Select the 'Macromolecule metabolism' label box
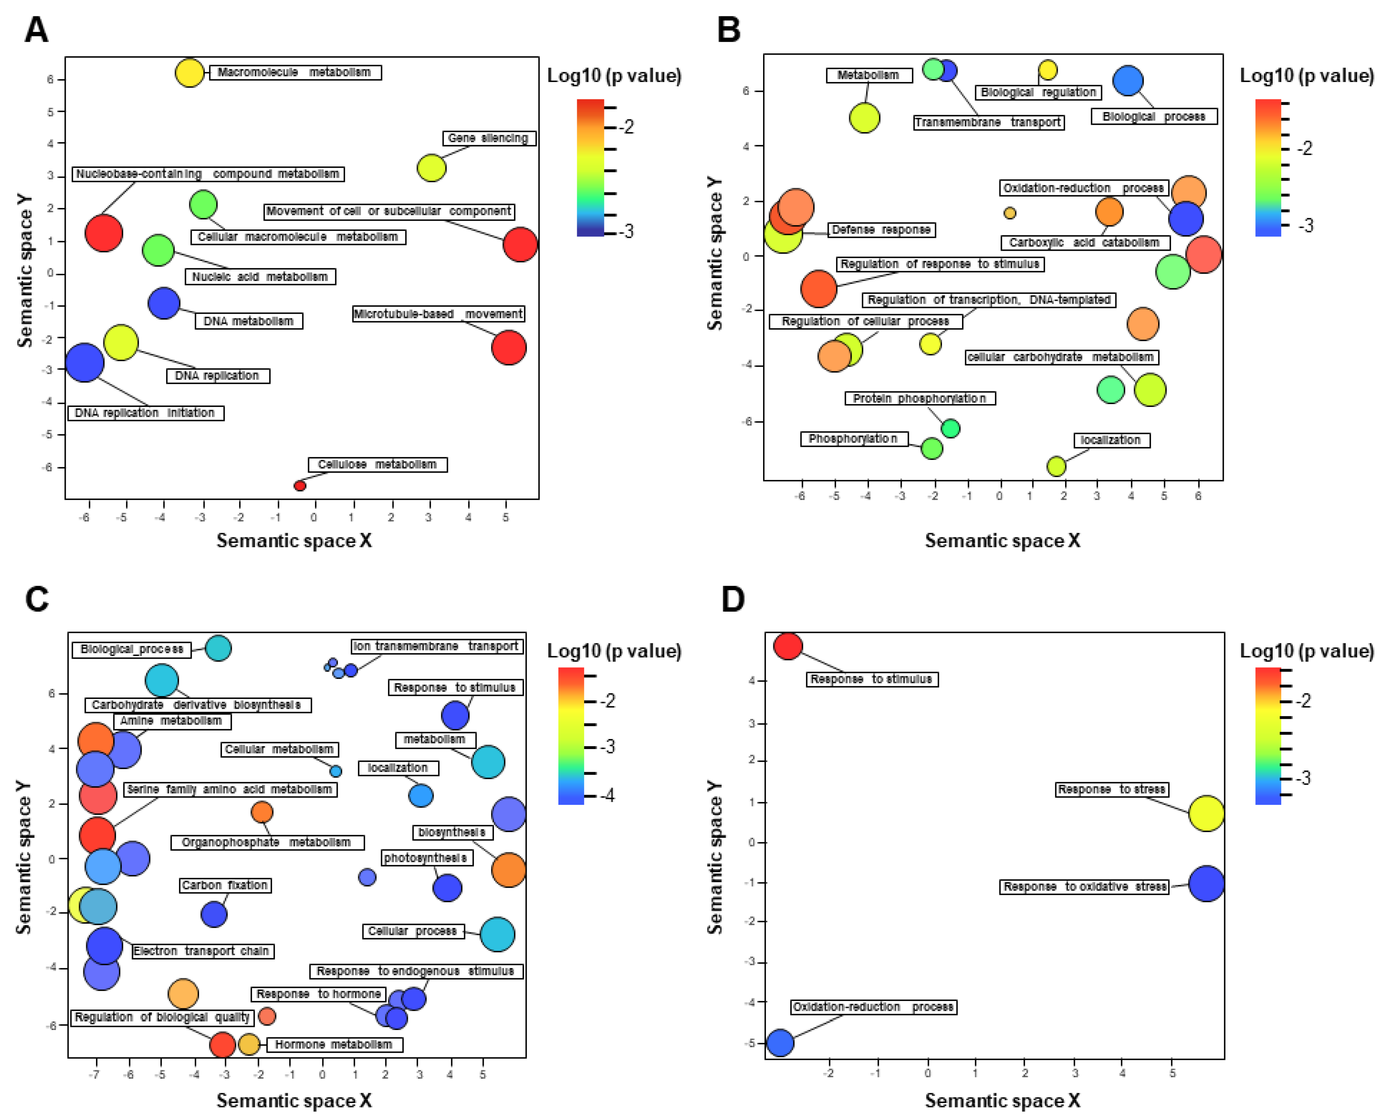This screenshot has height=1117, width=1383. click(x=295, y=73)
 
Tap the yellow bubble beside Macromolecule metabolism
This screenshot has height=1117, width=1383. click(x=189, y=73)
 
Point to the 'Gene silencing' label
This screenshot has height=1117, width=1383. click(x=489, y=138)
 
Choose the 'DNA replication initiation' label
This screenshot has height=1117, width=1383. click(x=146, y=413)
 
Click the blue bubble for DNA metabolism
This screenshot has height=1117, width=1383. click(x=163, y=303)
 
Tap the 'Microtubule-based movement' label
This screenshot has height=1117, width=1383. click(x=438, y=314)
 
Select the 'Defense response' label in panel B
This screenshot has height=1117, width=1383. click(x=881, y=230)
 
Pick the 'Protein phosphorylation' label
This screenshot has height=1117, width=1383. click(x=920, y=399)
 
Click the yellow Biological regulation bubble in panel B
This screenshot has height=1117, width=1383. click(x=1048, y=69)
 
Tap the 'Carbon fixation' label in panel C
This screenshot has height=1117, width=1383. click(x=224, y=885)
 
